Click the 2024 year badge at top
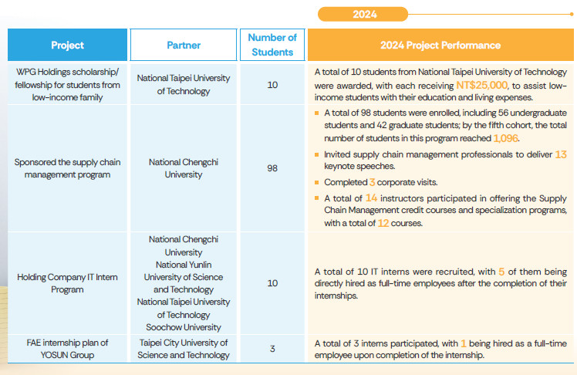[x=364, y=14]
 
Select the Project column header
[x=67, y=46]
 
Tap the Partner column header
[x=184, y=46]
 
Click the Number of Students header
[x=272, y=46]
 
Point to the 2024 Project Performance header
[x=440, y=46]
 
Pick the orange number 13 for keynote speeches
[x=560, y=154]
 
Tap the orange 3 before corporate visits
[x=372, y=182]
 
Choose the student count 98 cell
[x=272, y=167]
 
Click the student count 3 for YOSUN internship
[x=272, y=349]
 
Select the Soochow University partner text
[x=184, y=327]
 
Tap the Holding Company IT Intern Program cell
[x=67, y=283]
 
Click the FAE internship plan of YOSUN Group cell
[x=67, y=349]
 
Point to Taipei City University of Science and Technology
[x=184, y=349]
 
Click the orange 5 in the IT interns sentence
[x=480, y=272]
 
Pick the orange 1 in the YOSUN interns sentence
[x=463, y=343]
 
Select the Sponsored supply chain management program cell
[x=67, y=168]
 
